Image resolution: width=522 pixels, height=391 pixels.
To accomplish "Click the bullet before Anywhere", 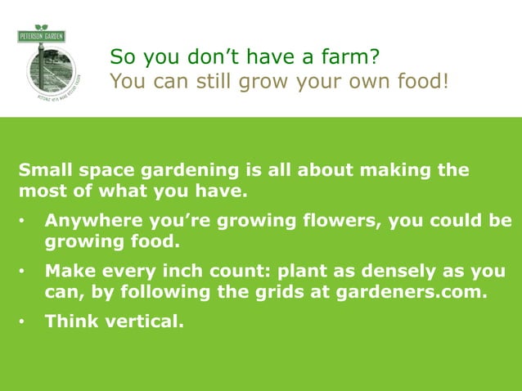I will pyautogui.click(x=25, y=222).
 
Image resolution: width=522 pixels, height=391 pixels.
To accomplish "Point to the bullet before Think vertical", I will pyautogui.click(x=25, y=322).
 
